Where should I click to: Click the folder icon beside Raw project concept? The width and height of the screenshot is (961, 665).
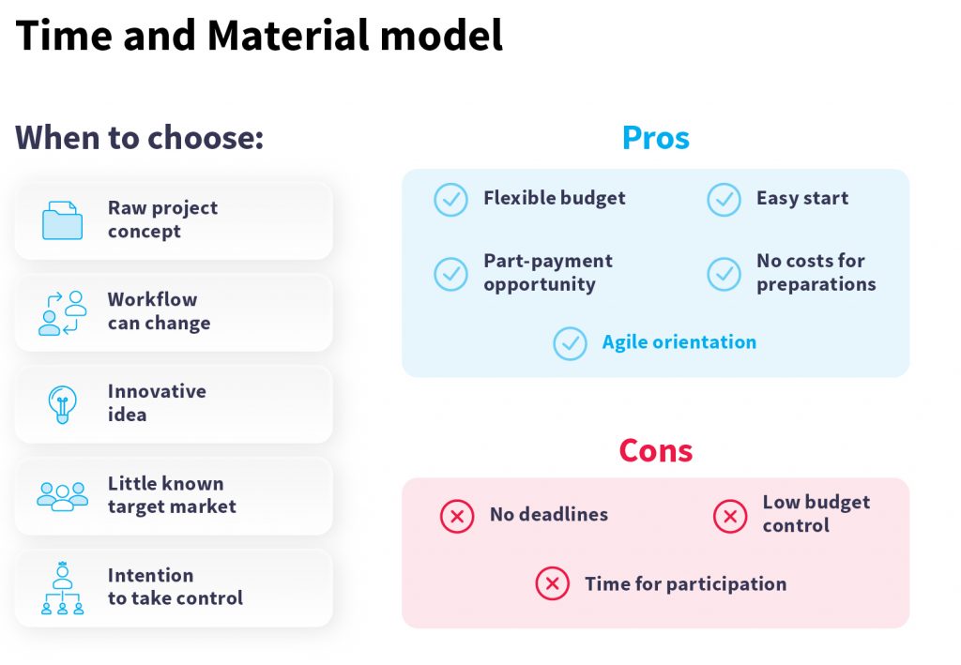click(62, 220)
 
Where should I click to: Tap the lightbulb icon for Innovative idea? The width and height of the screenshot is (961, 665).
click(62, 404)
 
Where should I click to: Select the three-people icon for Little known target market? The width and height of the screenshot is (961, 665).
click(62, 496)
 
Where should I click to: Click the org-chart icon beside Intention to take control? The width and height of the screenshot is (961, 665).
click(62, 588)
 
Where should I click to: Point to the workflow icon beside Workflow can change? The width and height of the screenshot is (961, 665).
click(62, 313)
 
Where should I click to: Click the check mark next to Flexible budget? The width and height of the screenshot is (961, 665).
click(451, 200)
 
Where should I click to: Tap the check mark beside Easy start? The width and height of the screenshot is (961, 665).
click(724, 200)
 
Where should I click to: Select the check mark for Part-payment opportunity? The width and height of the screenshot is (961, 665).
click(451, 274)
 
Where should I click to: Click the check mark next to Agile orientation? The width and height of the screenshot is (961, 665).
click(570, 343)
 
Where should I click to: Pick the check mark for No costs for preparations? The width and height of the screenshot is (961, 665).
click(724, 274)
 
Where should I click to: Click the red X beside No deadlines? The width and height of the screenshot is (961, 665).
click(457, 516)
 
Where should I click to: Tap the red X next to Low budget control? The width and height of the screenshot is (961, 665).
click(730, 516)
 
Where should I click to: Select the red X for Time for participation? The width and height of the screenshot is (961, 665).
click(552, 583)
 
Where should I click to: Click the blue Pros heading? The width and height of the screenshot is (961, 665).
click(656, 137)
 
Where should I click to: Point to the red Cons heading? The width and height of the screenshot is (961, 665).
click(656, 451)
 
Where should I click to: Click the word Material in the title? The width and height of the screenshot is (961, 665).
click(289, 35)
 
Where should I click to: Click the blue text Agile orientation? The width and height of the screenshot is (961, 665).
click(679, 342)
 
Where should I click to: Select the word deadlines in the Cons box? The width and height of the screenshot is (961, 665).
click(563, 514)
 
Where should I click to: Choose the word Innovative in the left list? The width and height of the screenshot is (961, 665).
click(157, 391)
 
